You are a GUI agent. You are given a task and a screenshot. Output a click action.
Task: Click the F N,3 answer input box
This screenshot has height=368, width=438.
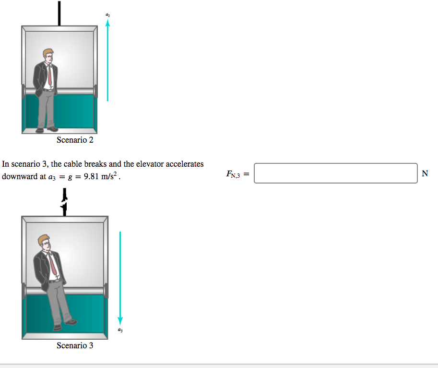[x=336, y=173]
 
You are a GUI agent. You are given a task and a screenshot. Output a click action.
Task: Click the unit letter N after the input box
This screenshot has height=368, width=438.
[x=425, y=173]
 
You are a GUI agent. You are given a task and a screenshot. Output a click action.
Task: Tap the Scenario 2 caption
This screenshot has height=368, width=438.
[x=75, y=140]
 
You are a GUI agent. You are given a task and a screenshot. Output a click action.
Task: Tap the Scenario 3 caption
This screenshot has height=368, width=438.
[x=75, y=345]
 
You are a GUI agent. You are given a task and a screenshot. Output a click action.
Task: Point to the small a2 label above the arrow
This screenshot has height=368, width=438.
[x=108, y=16]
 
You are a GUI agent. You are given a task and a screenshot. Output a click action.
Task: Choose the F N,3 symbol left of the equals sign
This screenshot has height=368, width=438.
[x=235, y=174]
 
